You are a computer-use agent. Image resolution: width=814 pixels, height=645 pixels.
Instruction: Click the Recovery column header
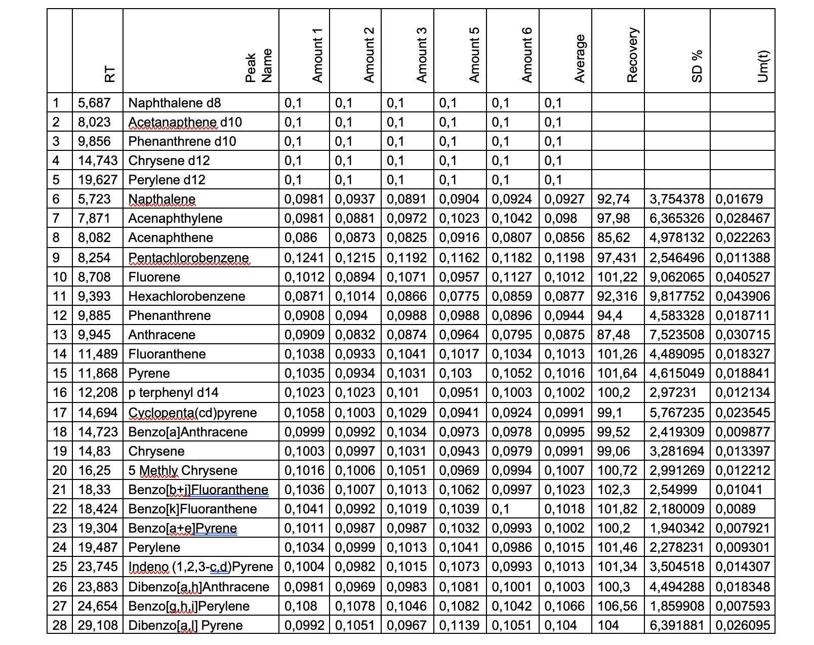pyautogui.click(x=632, y=55)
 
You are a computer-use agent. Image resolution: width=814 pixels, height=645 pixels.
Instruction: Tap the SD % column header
pyautogui.click(x=697, y=66)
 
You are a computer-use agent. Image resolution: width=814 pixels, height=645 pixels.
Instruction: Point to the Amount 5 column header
pyautogui.click(x=474, y=55)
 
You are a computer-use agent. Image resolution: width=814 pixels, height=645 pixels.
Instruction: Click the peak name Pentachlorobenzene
pyautogui.click(x=188, y=258)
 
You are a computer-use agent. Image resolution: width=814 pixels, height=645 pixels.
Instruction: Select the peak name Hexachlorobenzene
pyautogui.click(x=186, y=296)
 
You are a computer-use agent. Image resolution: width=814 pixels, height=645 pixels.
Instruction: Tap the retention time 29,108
pyautogui.click(x=98, y=625)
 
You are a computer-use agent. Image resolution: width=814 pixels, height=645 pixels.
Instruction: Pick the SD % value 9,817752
pyautogui.click(x=677, y=296)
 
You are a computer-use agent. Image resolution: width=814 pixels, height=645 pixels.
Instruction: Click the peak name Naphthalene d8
pyautogui.click(x=175, y=103)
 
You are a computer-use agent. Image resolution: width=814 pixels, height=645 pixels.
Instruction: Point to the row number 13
pyautogui.click(x=60, y=335)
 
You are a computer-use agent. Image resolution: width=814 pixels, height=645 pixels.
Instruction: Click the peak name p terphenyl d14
pyautogui.click(x=173, y=392)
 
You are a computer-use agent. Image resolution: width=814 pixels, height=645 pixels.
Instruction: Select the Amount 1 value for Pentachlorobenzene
pyautogui.click(x=304, y=258)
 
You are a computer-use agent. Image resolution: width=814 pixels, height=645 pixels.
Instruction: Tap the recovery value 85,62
pyautogui.click(x=614, y=237)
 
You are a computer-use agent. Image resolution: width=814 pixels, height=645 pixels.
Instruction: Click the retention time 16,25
pyautogui.click(x=94, y=470)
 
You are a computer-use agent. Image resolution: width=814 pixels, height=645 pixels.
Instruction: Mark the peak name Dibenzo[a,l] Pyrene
pyautogui.click(x=185, y=625)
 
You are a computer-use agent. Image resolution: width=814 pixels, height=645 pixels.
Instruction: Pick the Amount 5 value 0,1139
pyautogui.click(x=459, y=625)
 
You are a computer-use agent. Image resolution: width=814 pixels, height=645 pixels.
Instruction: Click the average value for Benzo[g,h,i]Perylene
pyautogui.click(x=564, y=606)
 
